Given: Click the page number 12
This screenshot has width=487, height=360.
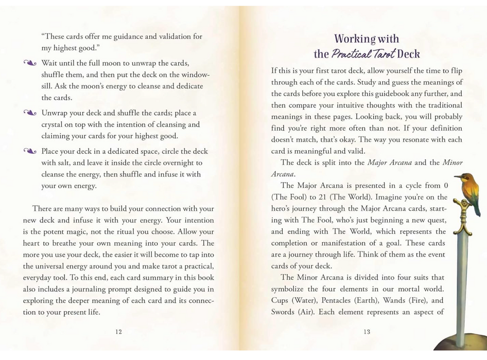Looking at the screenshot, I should click(x=119, y=332).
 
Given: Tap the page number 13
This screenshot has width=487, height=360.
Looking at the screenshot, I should click(x=367, y=332).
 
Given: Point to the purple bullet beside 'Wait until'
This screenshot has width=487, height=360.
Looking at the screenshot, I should click(x=30, y=63).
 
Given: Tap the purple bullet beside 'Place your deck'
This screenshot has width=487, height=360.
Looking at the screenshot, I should click(x=30, y=151).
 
